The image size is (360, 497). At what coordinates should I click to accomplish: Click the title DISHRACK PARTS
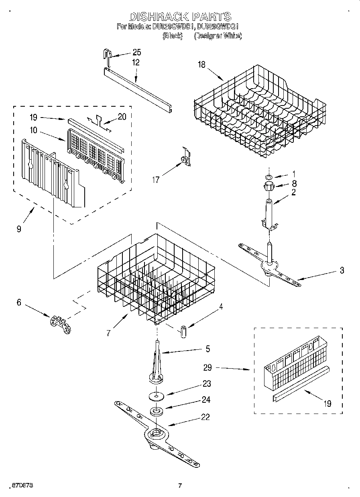[x=180, y=16]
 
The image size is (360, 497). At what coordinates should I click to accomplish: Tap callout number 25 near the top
[x=136, y=53]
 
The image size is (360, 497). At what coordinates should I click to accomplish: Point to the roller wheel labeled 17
[x=185, y=160]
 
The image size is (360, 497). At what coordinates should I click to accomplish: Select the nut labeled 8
[x=268, y=186]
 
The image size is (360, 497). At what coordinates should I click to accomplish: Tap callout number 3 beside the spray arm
[x=342, y=270]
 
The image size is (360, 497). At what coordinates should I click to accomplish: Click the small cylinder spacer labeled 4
[x=184, y=332]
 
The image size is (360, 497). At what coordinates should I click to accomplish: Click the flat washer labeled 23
[x=157, y=396]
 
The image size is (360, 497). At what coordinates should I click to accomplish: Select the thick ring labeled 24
[x=157, y=411]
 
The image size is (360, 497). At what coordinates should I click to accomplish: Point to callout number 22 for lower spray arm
[x=205, y=417]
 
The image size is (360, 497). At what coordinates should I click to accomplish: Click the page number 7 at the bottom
[x=180, y=486]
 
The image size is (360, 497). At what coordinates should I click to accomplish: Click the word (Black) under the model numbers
[x=173, y=36]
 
